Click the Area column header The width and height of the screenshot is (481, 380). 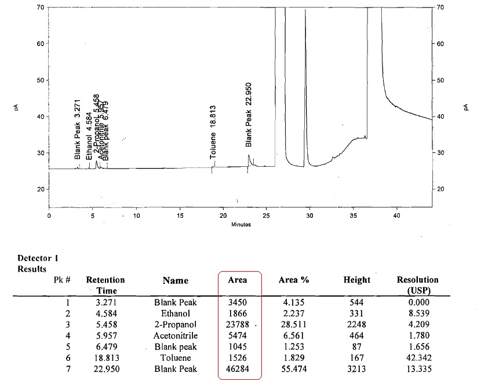[x=238, y=280]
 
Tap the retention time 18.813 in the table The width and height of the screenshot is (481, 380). [x=105, y=357]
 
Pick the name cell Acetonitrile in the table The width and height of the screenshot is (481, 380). [x=176, y=335]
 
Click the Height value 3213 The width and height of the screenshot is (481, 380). [x=357, y=368]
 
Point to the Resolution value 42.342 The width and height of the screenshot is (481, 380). [x=417, y=357]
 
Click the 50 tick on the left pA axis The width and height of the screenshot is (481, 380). [x=41, y=80]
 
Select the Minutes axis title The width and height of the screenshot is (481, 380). [x=241, y=224]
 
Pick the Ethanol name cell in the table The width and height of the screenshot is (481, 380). [x=176, y=313]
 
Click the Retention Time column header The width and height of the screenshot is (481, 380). [x=105, y=284]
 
